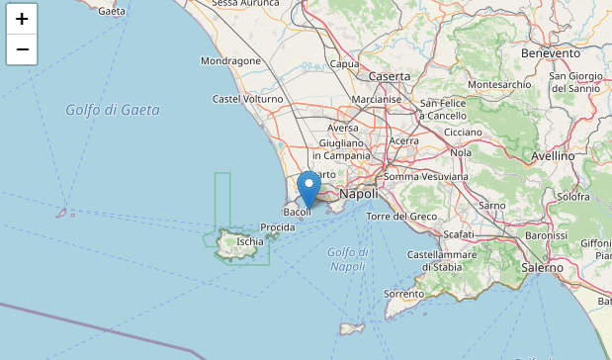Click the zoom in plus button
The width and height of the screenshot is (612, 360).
[x=22, y=19]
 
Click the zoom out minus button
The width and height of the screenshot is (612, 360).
[x=22, y=48]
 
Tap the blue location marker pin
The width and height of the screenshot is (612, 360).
[x=309, y=187]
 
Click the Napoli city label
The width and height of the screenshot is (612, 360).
[x=358, y=195]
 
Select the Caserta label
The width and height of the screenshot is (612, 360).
[x=389, y=76]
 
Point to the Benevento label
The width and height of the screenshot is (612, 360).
[x=550, y=52]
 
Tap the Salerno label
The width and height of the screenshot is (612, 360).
[x=542, y=268]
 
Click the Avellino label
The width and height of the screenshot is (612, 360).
[x=552, y=155]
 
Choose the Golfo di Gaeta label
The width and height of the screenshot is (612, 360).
[x=113, y=110]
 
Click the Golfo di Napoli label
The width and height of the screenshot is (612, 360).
[x=347, y=259]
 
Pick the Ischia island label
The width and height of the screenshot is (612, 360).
[x=250, y=240]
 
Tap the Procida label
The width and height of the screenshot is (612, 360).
[x=278, y=227]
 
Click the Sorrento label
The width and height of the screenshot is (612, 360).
[x=403, y=294]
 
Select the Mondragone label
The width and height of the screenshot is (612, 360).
[x=230, y=60]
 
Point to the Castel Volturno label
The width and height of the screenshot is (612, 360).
[x=247, y=99]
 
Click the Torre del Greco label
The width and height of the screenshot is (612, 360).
[x=400, y=216]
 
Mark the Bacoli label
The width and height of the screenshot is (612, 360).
[x=297, y=212]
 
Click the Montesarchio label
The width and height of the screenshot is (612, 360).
[x=499, y=85]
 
